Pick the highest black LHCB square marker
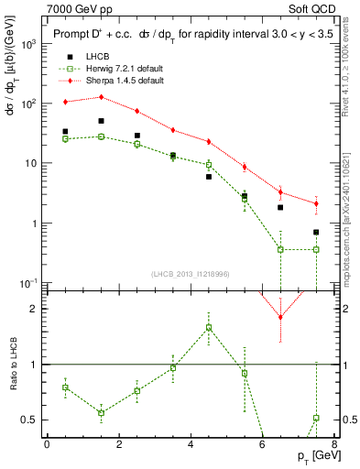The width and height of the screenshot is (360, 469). [101, 121]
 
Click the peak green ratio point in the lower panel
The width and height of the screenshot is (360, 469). [209, 327]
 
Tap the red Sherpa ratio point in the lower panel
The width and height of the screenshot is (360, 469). [280, 317]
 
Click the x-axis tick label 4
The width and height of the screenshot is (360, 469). [191, 444]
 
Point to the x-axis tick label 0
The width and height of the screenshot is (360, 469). [47, 444]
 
